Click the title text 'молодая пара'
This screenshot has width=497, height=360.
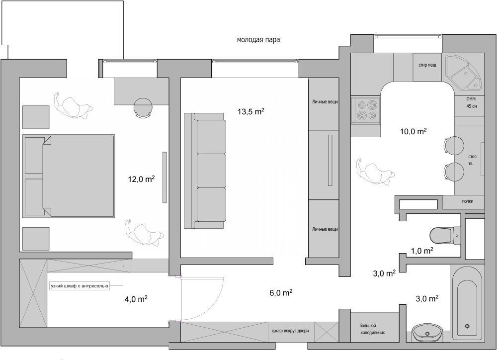[258, 40]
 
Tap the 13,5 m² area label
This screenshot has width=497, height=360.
[250, 111]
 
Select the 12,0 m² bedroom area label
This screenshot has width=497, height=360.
[141, 179]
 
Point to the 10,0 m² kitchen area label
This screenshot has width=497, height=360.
[413, 131]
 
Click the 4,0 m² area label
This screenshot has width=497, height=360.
[136, 299]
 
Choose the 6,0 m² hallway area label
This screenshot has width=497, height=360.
[280, 292]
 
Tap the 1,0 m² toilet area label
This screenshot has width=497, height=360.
[422, 251]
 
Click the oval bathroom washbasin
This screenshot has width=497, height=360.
[427, 333]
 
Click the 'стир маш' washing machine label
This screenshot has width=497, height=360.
[427, 65]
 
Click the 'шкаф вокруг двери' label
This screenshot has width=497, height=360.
[290, 331]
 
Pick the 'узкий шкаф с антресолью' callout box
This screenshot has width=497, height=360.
[80, 286]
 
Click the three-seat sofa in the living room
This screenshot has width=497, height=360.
[205, 171]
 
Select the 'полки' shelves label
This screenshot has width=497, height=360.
[468, 201]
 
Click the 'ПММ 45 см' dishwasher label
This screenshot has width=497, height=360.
[471, 103]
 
